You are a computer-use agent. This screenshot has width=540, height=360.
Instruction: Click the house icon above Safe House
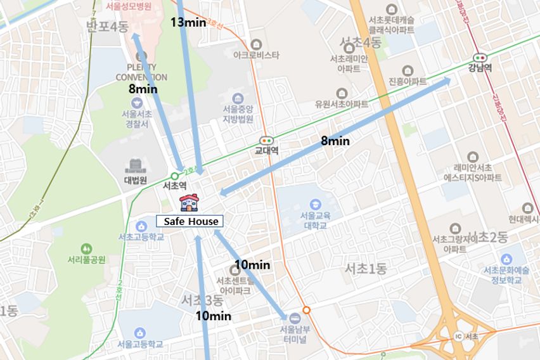click(189, 202)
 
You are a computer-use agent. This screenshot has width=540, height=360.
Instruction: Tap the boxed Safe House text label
click(190, 221)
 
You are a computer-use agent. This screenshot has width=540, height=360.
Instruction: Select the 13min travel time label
click(188, 22)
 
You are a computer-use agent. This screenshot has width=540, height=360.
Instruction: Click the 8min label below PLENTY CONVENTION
click(143, 89)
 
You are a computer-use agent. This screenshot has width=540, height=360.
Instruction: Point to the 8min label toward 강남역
click(335, 141)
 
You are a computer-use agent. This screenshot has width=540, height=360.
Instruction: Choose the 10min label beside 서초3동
click(213, 315)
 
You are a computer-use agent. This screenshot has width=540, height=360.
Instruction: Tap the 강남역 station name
click(480, 68)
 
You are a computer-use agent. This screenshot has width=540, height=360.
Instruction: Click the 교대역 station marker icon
click(266, 141)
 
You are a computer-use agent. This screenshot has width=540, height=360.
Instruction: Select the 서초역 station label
click(174, 186)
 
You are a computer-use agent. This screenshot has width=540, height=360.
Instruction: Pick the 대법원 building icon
click(135, 166)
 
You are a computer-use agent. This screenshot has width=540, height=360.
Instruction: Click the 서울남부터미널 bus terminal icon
click(295, 318)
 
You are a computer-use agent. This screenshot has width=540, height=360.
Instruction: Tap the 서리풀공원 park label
click(86, 259)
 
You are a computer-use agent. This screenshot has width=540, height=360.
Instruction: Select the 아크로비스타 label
click(256, 55)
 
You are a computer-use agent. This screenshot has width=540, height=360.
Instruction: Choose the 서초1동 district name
click(365, 268)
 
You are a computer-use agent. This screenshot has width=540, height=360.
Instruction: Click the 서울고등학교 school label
click(140, 344)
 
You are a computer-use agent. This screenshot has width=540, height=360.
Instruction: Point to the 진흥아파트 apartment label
click(408, 82)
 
